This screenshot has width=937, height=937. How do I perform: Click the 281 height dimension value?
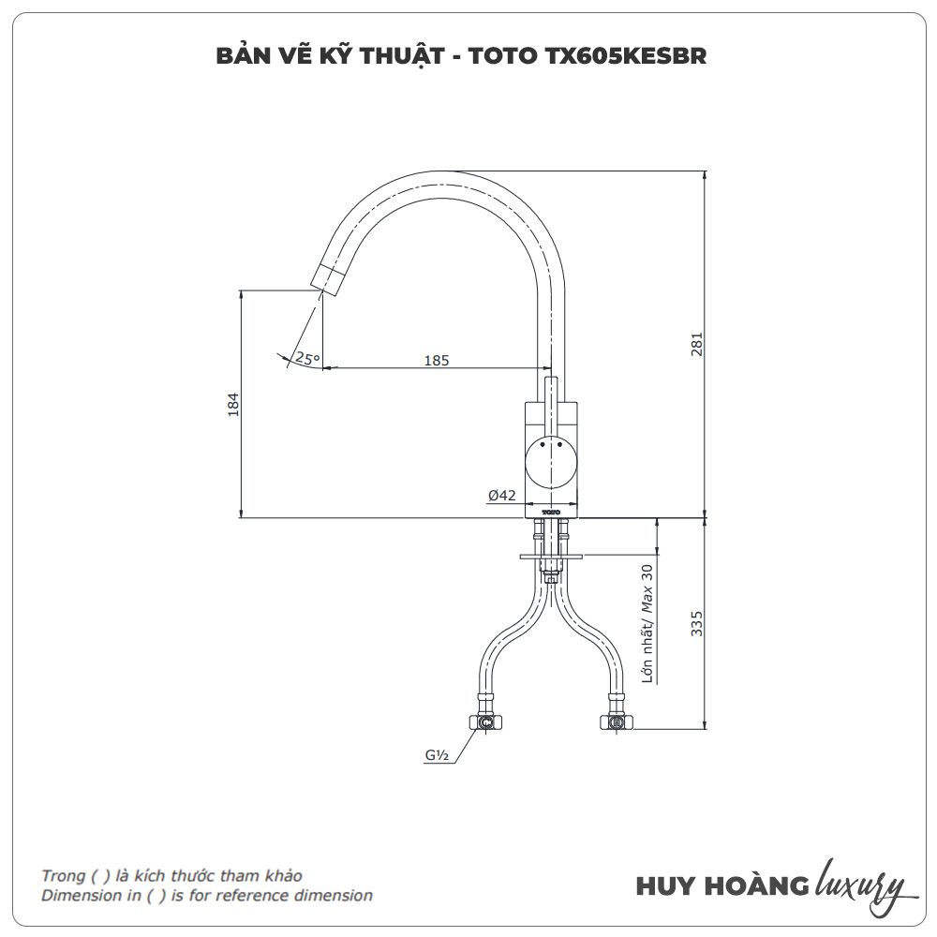696,344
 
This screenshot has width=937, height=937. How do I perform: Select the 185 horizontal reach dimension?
437,361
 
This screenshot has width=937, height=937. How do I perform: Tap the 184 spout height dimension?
233,405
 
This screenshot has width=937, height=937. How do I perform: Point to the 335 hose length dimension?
696,623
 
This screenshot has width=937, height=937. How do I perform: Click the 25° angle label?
307,359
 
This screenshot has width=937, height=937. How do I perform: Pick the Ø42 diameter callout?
501,496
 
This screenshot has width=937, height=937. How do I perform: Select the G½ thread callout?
437,754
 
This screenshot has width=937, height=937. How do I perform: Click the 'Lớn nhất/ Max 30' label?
647,623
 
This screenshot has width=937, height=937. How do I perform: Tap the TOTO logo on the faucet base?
550,513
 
